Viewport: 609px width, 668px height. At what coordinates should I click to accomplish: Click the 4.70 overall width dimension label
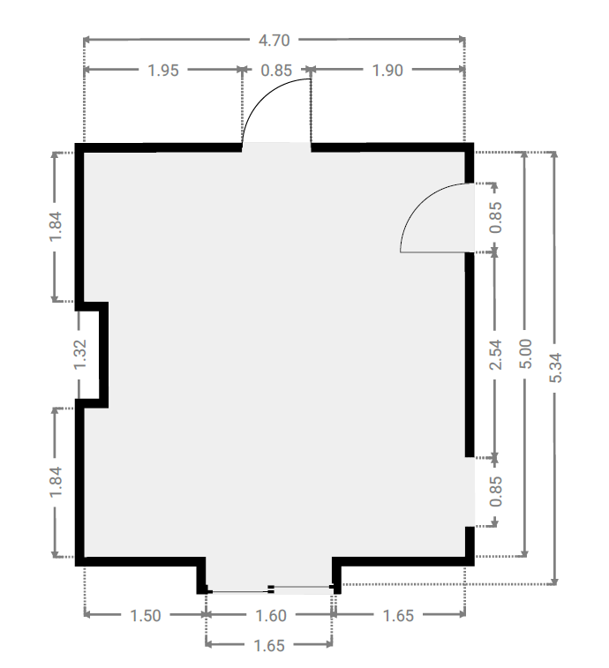click(274, 41)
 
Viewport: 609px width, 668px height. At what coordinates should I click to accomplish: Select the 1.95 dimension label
click(162, 71)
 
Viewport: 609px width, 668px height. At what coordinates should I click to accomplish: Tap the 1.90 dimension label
click(387, 71)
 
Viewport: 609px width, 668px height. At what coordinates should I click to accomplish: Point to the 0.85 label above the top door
click(276, 71)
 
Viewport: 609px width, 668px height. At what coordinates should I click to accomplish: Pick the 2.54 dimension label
click(496, 355)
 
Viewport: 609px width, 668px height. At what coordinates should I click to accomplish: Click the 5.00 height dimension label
click(525, 354)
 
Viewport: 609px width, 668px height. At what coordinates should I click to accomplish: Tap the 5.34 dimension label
click(555, 368)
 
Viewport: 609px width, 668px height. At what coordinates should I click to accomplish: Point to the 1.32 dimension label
click(79, 355)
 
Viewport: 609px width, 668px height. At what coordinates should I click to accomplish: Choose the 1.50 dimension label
click(145, 616)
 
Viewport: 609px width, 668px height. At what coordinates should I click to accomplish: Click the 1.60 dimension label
click(270, 616)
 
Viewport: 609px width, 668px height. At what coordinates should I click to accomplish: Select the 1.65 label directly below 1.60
click(269, 646)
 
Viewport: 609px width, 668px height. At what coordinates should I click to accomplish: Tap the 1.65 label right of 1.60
click(398, 616)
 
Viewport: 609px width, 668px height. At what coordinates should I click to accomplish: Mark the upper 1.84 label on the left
click(56, 227)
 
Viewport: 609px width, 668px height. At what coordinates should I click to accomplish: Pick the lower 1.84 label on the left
click(56, 482)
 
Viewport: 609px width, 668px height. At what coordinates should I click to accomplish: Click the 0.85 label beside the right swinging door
click(496, 217)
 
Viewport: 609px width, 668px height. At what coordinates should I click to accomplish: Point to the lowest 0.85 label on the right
click(496, 492)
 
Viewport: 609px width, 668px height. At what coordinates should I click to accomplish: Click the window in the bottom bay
click(270, 589)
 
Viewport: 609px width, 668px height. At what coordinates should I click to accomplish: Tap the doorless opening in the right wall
click(470, 492)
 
